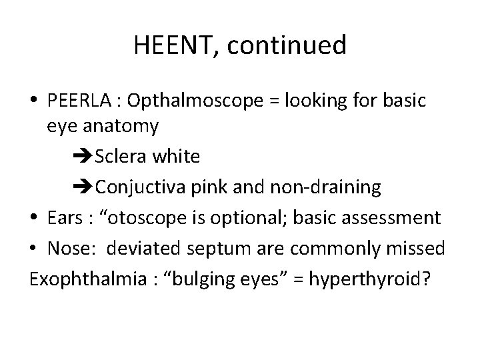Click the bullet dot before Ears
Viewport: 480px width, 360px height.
click(34, 217)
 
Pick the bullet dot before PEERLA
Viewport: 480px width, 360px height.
click(34, 101)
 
